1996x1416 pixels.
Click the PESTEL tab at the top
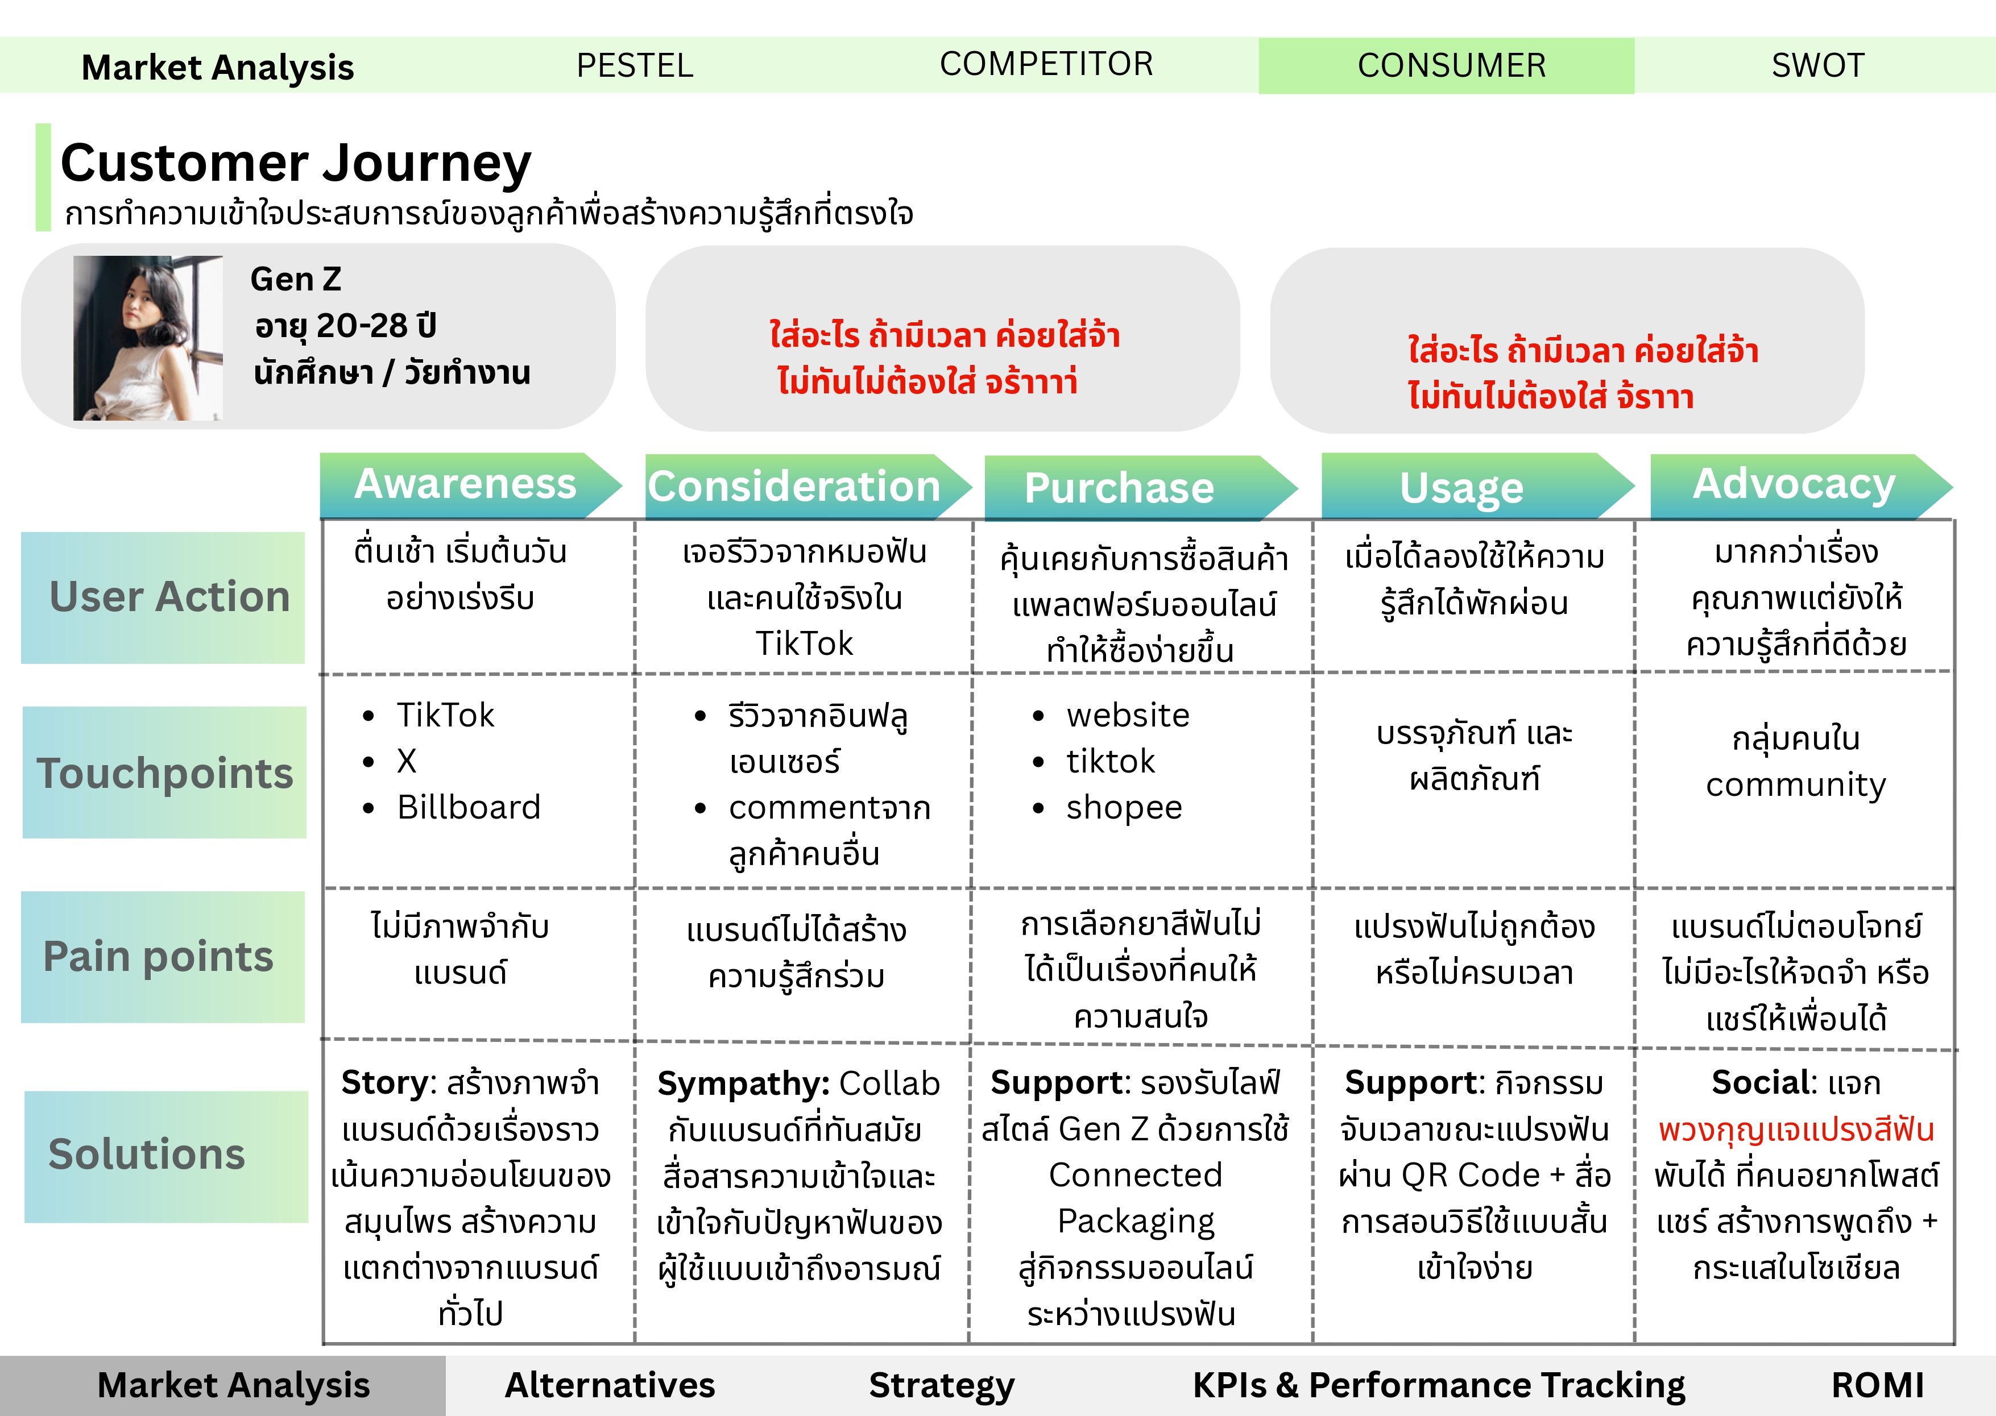pos(635,65)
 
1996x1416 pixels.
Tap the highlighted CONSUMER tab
pos(1451,65)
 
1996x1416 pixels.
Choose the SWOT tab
pos(1817,65)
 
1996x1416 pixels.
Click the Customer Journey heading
pos(296,163)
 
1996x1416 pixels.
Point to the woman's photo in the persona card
pos(148,338)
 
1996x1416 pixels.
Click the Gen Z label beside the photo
pos(296,279)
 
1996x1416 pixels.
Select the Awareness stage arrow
pos(466,485)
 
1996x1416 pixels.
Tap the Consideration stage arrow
pos(794,487)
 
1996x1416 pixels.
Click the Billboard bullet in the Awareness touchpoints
pos(468,807)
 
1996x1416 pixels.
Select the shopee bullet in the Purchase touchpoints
pos(1123,807)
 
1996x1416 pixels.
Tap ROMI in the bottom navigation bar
pos(1877,1385)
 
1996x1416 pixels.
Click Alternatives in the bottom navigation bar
pos(610,1385)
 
